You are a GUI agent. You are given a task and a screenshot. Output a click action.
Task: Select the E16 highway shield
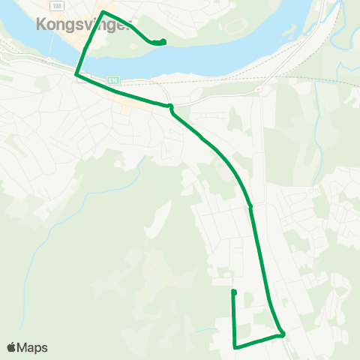point(113,79)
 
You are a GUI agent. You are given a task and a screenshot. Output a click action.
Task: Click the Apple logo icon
point(11,347)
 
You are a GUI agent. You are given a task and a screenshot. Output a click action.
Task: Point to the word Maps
point(33,347)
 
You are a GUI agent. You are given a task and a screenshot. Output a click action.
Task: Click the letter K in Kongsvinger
point(40,24)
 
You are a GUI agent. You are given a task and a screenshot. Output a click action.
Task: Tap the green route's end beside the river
point(163,41)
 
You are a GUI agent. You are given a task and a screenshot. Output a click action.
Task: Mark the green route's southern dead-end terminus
point(234,292)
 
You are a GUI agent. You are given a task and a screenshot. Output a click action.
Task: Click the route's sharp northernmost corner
point(103,12)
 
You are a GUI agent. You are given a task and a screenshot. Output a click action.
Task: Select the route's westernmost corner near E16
point(76,73)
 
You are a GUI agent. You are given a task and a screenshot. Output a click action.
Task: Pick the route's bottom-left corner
point(235,347)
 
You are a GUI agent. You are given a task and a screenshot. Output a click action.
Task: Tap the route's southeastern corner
point(283,334)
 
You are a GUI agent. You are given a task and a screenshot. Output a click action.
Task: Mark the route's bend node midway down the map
point(250,206)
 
